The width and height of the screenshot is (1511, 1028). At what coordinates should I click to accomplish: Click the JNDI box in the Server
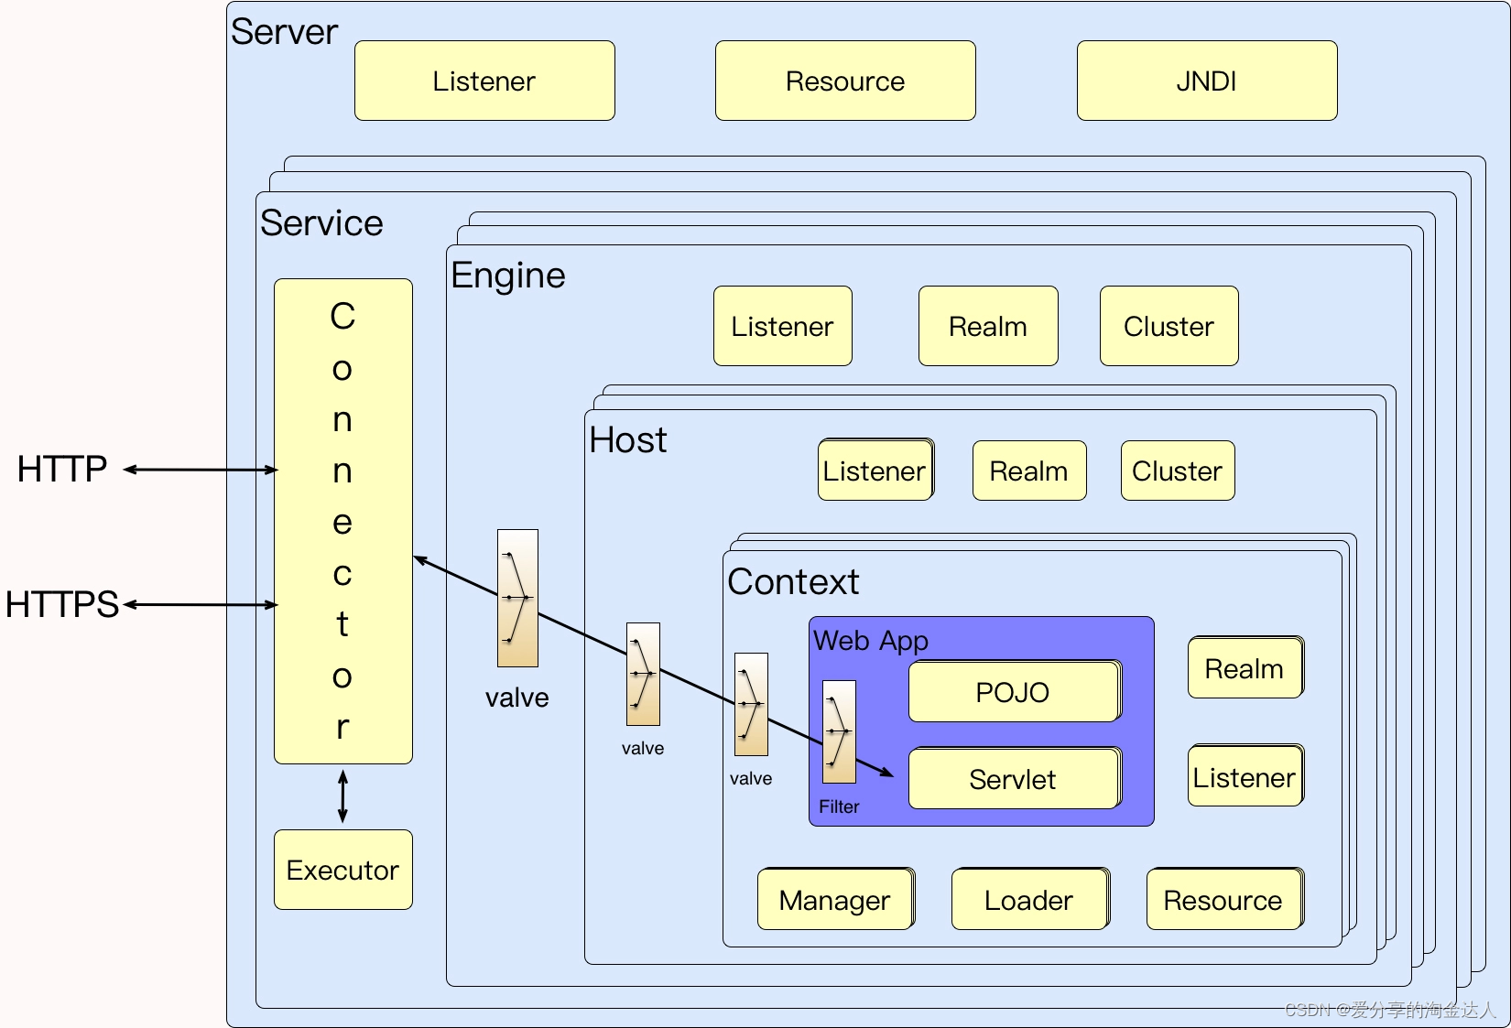click(x=1206, y=81)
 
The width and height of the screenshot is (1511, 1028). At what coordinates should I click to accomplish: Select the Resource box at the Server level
click(x=844, y=81)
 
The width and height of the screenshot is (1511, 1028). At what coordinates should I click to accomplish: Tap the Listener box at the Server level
click(x=484, y=81)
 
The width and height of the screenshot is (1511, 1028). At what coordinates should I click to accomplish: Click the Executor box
click(x=342, y=870)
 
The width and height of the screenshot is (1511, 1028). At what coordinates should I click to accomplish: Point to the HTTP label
click(x=62, y=469)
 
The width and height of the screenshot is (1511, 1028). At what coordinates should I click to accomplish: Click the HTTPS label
click(x=62, y=604)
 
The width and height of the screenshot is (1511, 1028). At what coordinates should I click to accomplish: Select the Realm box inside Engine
click(x=987, y=326)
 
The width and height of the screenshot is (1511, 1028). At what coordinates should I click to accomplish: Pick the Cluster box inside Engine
click(x=1169, y=326)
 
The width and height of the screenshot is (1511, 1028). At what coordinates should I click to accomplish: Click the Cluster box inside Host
click(x=1177, y=471)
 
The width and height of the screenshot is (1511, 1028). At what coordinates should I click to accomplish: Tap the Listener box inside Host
click(x=875, y=471)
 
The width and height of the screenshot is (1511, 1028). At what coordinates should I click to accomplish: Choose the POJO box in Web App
click(x=1013, y=692)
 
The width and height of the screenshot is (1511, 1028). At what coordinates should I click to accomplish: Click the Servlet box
click(x=1013, y=779)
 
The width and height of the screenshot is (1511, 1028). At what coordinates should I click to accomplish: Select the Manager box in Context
click(x=834, y=900)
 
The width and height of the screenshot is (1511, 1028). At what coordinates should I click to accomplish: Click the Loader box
click(x=1028, y=900)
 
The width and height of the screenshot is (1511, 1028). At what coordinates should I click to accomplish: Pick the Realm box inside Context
click(x=1244, y=668)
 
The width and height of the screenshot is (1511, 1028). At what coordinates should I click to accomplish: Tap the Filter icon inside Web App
click(x=839, y=731)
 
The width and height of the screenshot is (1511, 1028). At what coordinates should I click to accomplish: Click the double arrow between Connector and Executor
click(x=342, y=796)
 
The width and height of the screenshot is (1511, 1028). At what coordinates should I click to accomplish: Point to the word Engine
click(x=508, y=276)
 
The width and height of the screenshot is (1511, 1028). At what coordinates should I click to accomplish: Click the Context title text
click(x=793, y=582)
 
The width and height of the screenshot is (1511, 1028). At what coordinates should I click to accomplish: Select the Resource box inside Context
click(x=1223, y=900)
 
